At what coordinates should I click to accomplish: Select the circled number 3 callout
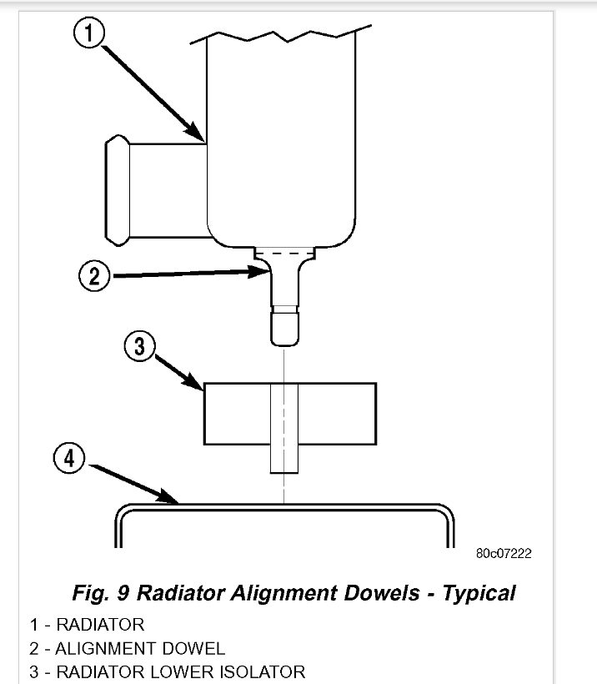141,346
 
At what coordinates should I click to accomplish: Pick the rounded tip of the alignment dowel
283,334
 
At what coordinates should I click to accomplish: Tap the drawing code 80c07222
504,553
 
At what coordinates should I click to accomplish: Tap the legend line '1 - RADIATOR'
87,625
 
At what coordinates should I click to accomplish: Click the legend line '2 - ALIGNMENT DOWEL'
127,648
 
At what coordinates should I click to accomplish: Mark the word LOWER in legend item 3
188,671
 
